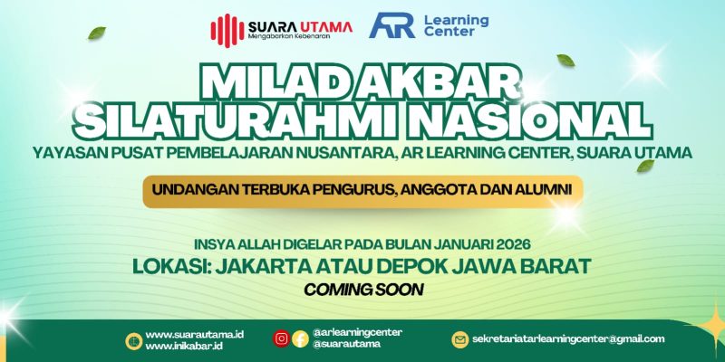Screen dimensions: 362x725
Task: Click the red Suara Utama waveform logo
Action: tap(227, 29)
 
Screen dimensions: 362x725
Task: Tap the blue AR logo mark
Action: tap(392, 26)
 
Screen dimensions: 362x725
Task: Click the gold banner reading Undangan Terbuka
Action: tap(362, 190)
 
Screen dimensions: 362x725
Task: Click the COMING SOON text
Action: tap(363, 291)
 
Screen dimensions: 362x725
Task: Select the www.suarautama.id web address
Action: tap(194, 334)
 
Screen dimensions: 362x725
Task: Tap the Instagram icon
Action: tap(282, 338)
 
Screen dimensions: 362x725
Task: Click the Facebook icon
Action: tap(300, 339)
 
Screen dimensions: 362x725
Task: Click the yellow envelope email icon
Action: tap(460, 339)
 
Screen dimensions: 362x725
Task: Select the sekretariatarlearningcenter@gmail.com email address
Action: tap(568, 339)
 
